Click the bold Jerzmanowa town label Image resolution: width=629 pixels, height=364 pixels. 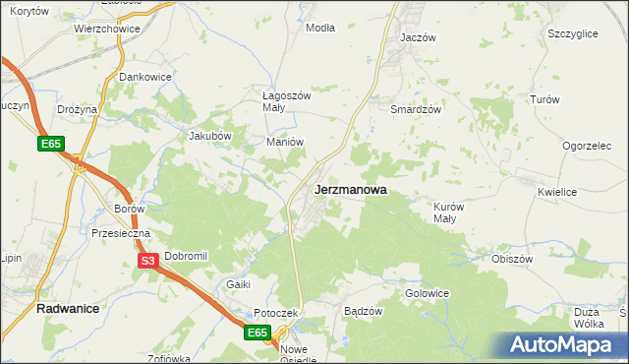pos(350,190)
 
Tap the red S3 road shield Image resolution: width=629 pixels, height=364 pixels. pos(147,261)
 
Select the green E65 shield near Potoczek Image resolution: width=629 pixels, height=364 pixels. pos(257,334)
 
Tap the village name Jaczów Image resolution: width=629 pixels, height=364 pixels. pos(418,37)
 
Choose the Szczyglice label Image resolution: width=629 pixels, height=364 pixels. pos(573,33)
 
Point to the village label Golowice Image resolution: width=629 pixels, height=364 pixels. pos(427,293)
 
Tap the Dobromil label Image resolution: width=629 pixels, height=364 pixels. pos(186,256)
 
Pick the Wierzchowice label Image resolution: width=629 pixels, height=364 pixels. pos(107,30)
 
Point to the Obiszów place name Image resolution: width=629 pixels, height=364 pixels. pos(511,259)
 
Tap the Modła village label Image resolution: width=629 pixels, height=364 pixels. pos(320,28)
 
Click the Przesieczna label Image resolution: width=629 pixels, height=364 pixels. pos(120,234)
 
